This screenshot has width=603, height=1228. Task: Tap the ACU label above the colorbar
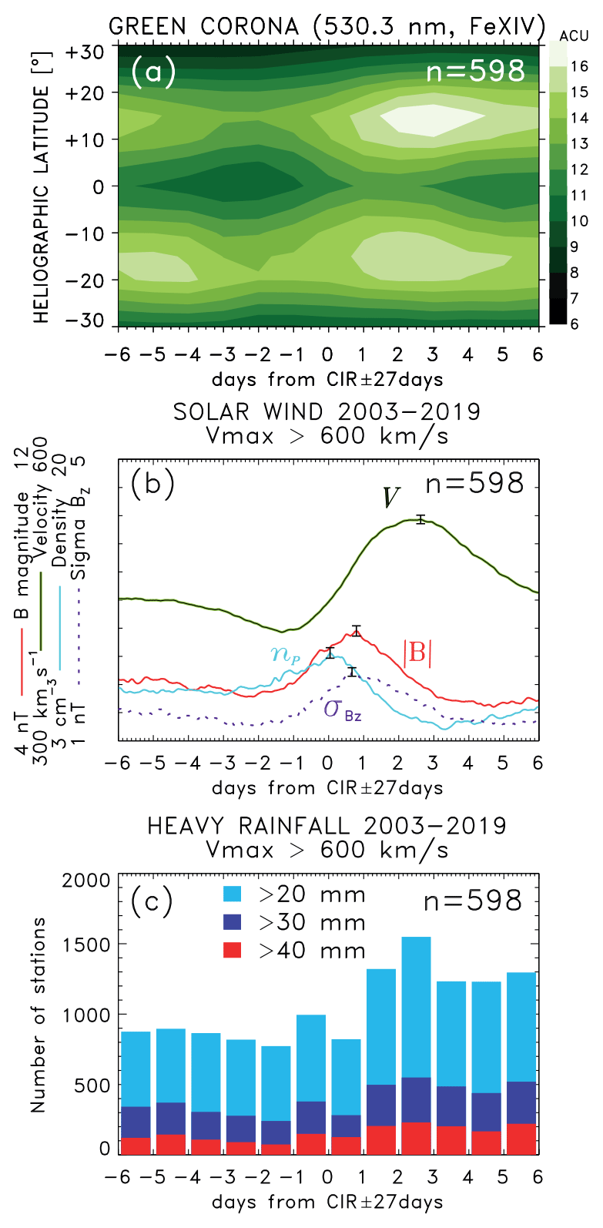[573, 35]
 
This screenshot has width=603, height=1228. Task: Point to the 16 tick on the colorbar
[579, 66]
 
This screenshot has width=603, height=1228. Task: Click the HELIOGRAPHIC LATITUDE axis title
[42, 203]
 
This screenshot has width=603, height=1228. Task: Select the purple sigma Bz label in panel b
[342, 708]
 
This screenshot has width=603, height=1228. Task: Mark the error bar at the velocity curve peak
[420, 519]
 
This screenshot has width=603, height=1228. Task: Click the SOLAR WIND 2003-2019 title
[327, 411]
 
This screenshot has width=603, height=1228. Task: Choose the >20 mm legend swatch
[232, 894]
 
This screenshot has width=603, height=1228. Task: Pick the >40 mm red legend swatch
[232, 950]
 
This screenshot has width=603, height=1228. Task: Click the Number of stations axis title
[39, 1014]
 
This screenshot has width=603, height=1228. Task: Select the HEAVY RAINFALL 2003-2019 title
[327, 826]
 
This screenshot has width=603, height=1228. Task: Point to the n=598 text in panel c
[473, 901]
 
